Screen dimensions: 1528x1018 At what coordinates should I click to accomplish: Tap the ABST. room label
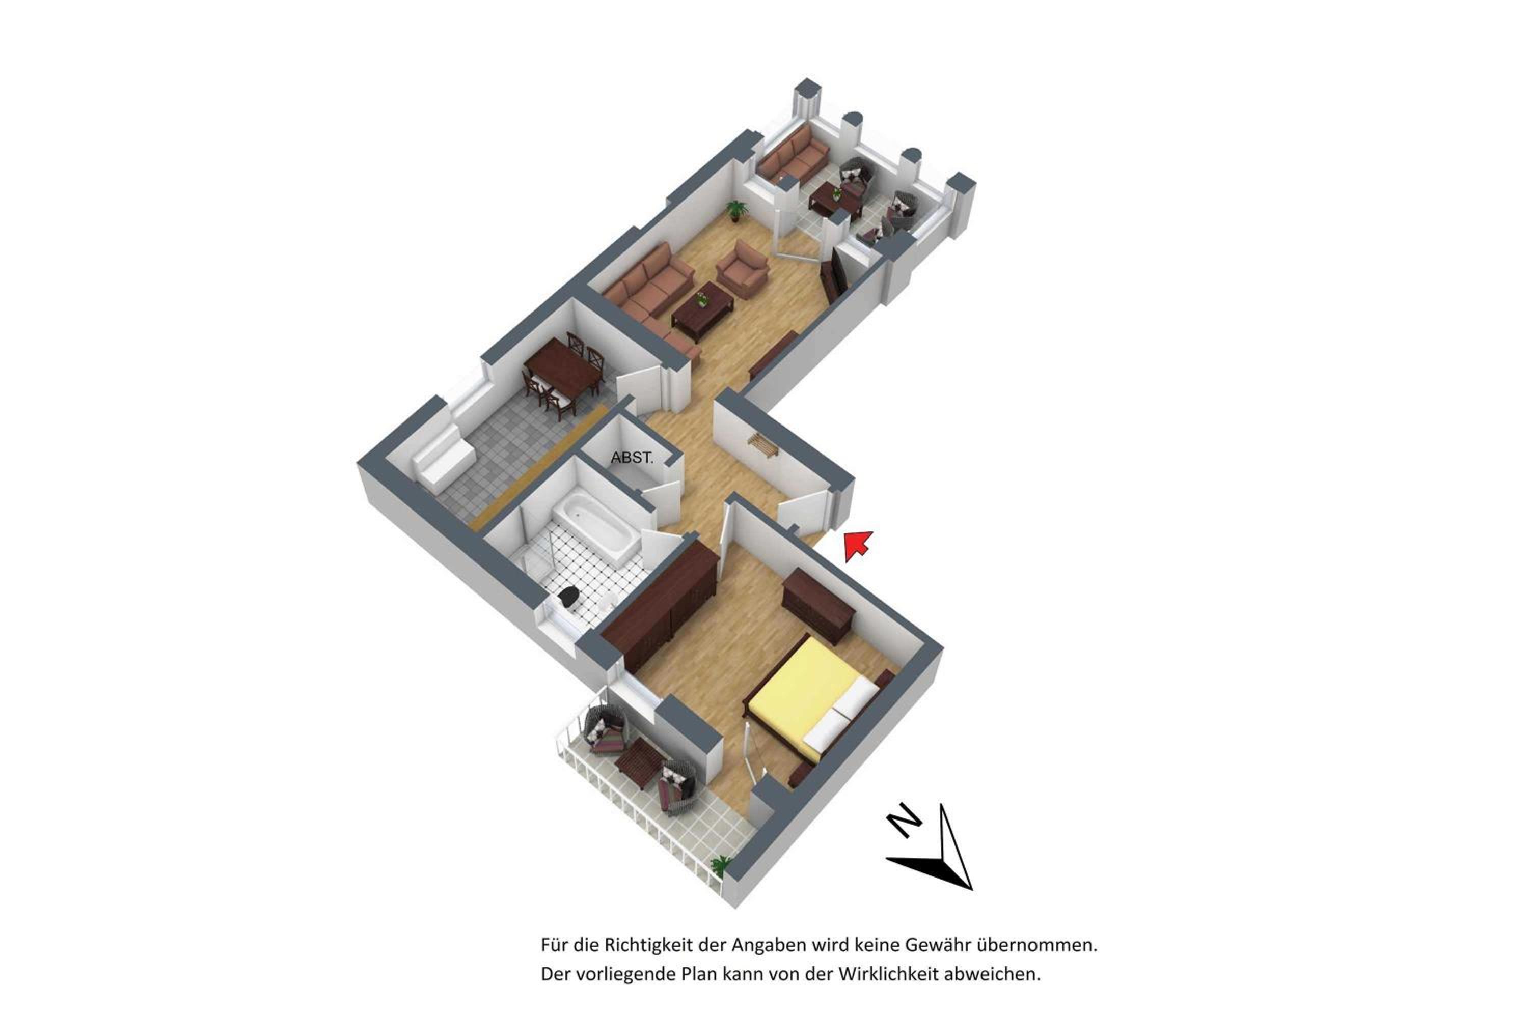[632, 458]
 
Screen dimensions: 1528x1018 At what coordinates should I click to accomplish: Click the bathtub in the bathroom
[596, 527]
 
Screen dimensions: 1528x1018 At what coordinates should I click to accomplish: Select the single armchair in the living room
[743, 268]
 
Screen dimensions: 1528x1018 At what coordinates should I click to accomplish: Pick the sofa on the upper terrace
[793, 155]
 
